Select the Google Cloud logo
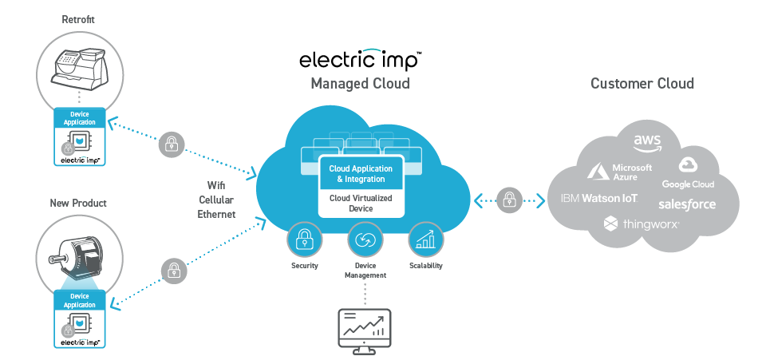pos(688,172)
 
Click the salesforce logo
pos(687,204)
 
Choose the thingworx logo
pos(642,225)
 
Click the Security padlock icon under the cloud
pos(306,239)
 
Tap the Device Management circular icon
pos(365,239)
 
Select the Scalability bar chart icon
pos(424,239)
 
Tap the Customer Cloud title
pos(642,83)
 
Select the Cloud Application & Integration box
pos(361,174)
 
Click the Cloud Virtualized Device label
pos(361,203)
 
